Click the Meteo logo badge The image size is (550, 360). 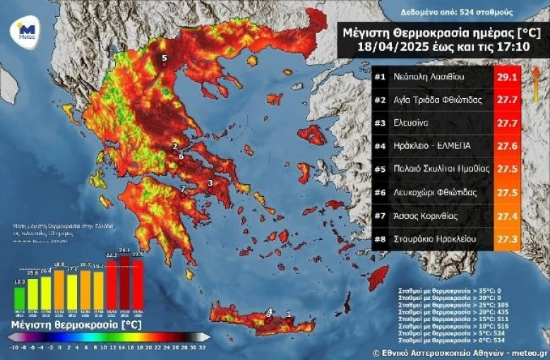click(26, 32)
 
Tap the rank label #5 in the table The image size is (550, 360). click(379, 169)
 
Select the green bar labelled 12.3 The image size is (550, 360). click(20, 295)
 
